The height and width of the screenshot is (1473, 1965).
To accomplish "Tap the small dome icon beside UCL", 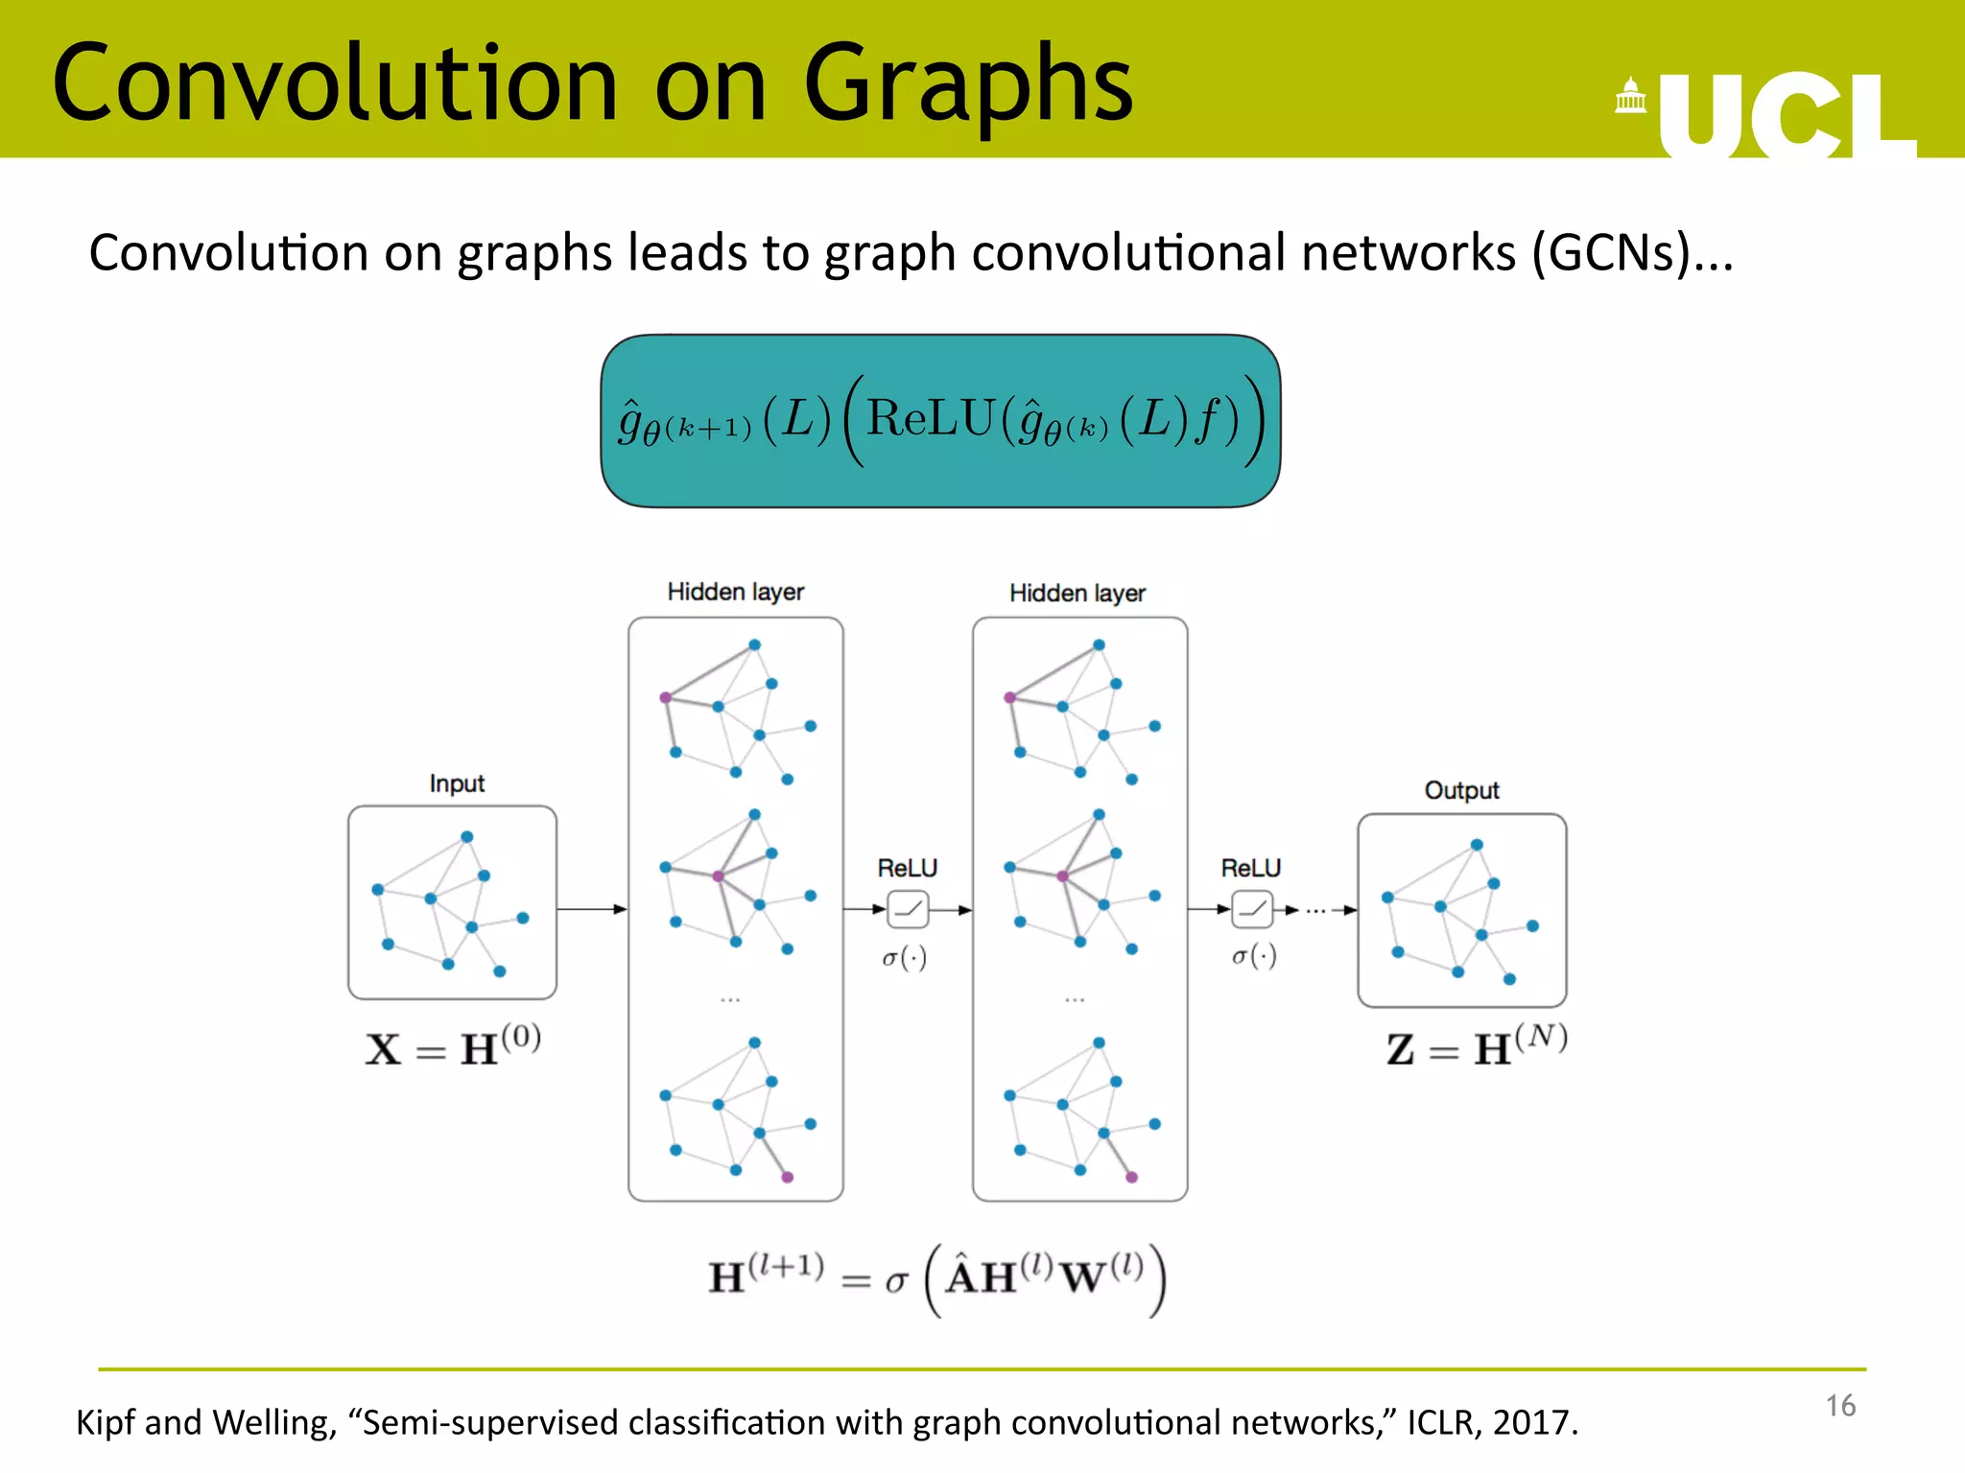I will point(1630,96).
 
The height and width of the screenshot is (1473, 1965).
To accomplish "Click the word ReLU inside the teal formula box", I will point(930,419).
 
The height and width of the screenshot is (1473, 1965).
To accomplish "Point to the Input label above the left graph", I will point(457,783).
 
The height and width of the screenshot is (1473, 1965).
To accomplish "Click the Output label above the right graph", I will point(1461,790).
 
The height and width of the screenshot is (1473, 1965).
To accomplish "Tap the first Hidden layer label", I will point(735,592).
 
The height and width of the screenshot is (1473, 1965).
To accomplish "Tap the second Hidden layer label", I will point(1077,593).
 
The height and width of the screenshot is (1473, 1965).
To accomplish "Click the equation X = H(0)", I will point(453,1046).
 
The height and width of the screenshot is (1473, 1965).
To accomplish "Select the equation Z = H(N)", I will point(1476,1046).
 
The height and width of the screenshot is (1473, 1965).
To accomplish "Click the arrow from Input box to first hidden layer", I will point(591,908).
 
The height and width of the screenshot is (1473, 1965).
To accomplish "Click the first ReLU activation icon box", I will point(908,909).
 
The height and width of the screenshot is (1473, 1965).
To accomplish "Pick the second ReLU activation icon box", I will point(1251,909).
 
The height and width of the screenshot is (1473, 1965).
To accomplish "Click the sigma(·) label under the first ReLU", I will point(905,957).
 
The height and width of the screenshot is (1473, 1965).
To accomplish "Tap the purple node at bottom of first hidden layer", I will point(787,1177).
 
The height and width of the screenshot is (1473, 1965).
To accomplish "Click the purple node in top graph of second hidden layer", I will point(1009,697).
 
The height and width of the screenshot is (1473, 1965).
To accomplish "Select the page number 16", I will point(1839,1406).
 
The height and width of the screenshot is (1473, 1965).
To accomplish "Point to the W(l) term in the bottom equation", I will point(1103,1275).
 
